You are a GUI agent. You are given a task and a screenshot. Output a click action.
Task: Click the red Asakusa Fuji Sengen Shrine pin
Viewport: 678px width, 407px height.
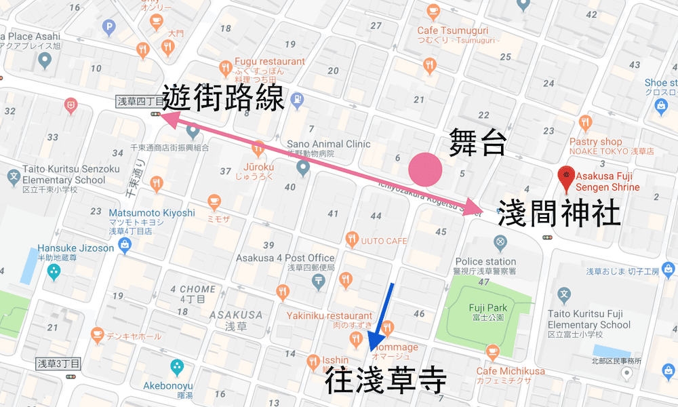click(563, 178)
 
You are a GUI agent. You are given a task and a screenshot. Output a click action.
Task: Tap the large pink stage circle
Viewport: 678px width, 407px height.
click(425, 170)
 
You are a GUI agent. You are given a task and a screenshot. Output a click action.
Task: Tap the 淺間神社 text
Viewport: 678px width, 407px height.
click(559, 212)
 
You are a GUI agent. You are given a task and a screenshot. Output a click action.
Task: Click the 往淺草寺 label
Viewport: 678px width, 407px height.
click(385, 382)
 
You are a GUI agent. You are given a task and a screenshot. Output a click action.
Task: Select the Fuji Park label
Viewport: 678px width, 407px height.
click(487, 308)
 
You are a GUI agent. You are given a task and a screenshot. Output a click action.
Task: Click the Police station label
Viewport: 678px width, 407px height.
click(485, 262)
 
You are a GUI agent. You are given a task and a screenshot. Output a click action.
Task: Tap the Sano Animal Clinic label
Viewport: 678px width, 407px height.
click(329, 144)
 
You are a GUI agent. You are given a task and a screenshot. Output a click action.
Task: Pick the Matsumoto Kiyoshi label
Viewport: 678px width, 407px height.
click(152, 213)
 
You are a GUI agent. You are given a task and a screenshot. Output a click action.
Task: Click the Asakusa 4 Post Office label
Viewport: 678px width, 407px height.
click(285, 258)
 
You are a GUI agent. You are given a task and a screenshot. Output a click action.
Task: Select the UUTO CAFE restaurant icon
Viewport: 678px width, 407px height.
click(351, 239)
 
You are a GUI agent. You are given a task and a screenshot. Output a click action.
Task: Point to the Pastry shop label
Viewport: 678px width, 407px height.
click(596, 142)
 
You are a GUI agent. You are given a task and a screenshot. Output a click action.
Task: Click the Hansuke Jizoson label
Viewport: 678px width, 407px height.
click(76, 248)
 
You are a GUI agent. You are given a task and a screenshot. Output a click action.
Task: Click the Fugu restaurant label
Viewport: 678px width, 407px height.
click(270, 62)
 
